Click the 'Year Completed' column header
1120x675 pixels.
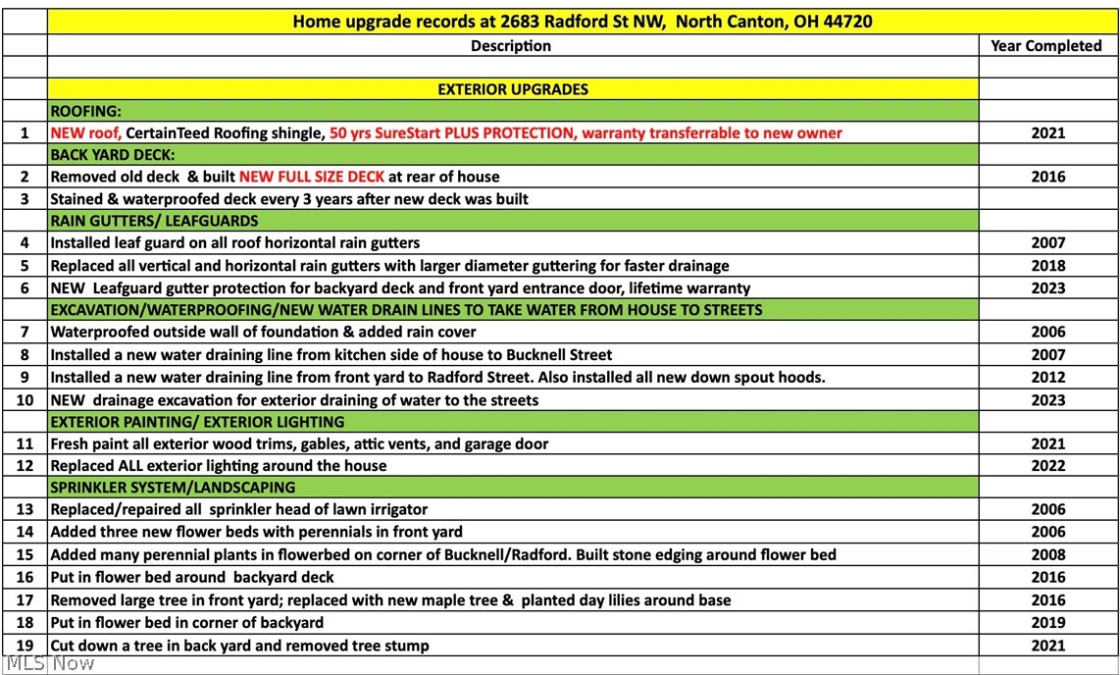tap(1046, 46)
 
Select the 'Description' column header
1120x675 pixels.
tap(511, 46)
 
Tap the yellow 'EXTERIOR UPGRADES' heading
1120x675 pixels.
tap(513, 89)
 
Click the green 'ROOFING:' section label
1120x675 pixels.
tap(86, 111)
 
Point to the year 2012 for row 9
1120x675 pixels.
tap(1047, 378)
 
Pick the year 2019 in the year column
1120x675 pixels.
tap(1047, 623)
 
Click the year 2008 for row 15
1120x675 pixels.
tap(1047, 555)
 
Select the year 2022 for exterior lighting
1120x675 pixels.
tap(1047, 466)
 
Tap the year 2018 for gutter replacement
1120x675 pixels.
tap(1047, 266)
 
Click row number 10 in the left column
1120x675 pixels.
tap(25, 400)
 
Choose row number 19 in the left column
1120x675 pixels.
tap(25, 646)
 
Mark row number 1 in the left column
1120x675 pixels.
tap(25, 133)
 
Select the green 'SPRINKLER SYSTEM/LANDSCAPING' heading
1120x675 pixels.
tap(173, 488)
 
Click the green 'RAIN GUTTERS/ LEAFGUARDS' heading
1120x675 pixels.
tap(154, 222)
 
